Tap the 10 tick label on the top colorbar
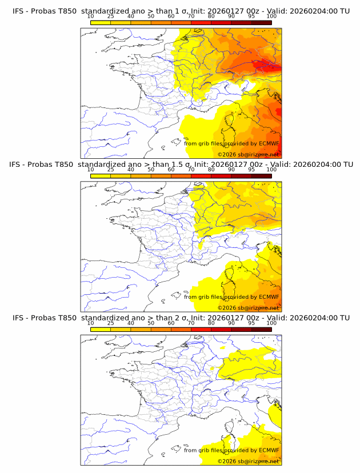pyautogui.click(x=90, y=16)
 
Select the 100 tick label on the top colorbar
pyautogui.click(x=271, y=16)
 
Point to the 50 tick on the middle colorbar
pyautogui.click(x=151, y=170)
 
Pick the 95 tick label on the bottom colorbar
pyautogui.click(x=251, y=323)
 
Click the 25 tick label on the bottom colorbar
pyautogui.click(x=110, y=323)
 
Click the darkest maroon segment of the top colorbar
pyautogui.click(x=261, y=22)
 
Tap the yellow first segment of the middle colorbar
pyautogui.click(x=101, y=176)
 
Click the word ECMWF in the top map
pyautogui.click(x=269, y=143)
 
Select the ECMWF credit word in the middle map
pyautogui.click(x=269, y=297)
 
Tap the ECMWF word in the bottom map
pyautogui.click(x=269, y=450)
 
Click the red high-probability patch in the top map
pyautogui.click(x=264, y=65)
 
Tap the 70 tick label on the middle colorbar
pyautogui.click(x=191, y=170)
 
